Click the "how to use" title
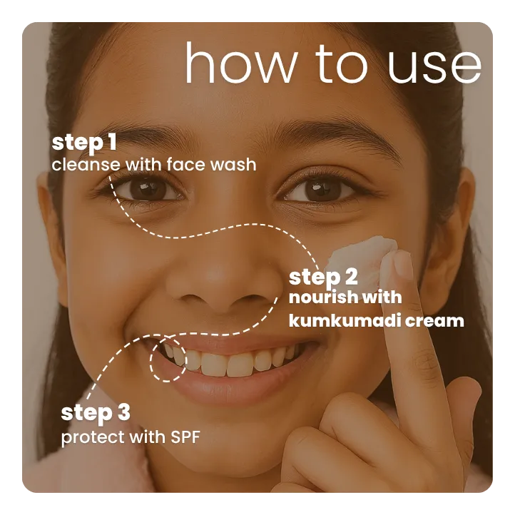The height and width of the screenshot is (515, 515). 332,64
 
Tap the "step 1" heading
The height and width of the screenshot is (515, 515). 84,143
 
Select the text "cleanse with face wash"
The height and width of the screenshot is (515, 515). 153,165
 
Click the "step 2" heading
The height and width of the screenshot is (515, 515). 323,277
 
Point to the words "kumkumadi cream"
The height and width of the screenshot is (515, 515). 376,320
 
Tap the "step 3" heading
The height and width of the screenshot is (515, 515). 96,412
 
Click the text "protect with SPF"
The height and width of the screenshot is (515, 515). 131,437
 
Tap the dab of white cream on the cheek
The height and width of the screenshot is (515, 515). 362,250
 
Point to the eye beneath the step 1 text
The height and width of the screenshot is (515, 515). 146,188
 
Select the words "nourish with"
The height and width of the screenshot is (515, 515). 345,297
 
